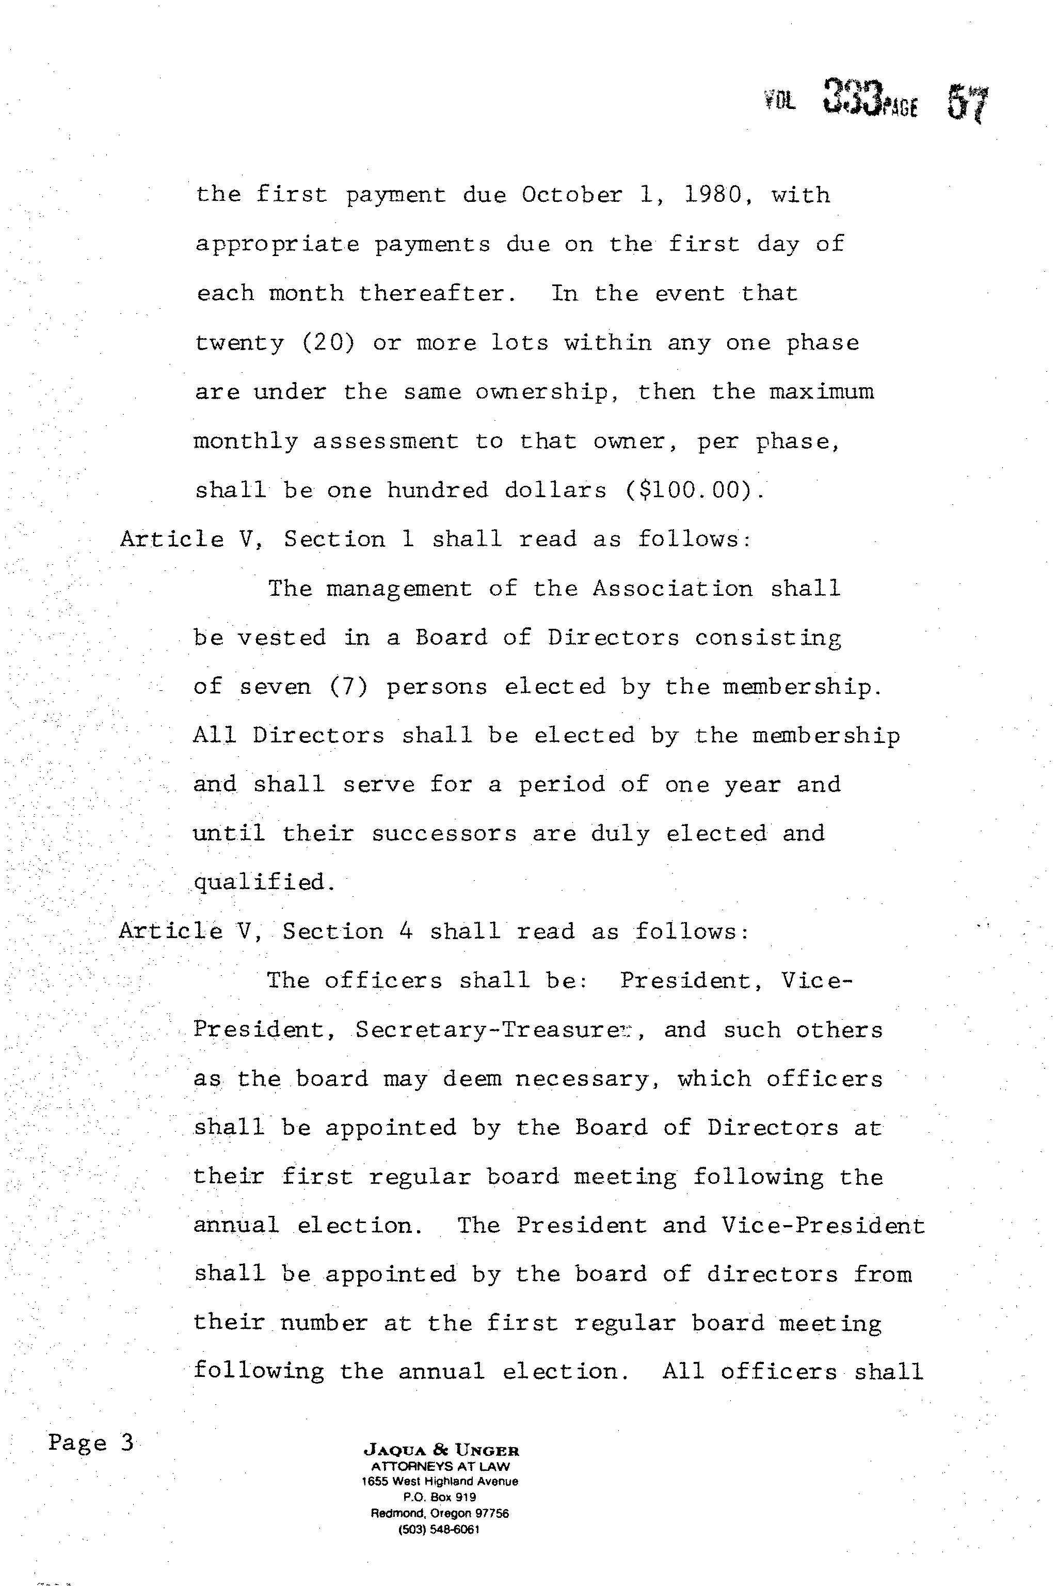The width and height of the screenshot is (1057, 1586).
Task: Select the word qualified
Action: tap(264, 883)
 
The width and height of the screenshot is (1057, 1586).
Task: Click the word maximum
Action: tap(822, 392)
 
